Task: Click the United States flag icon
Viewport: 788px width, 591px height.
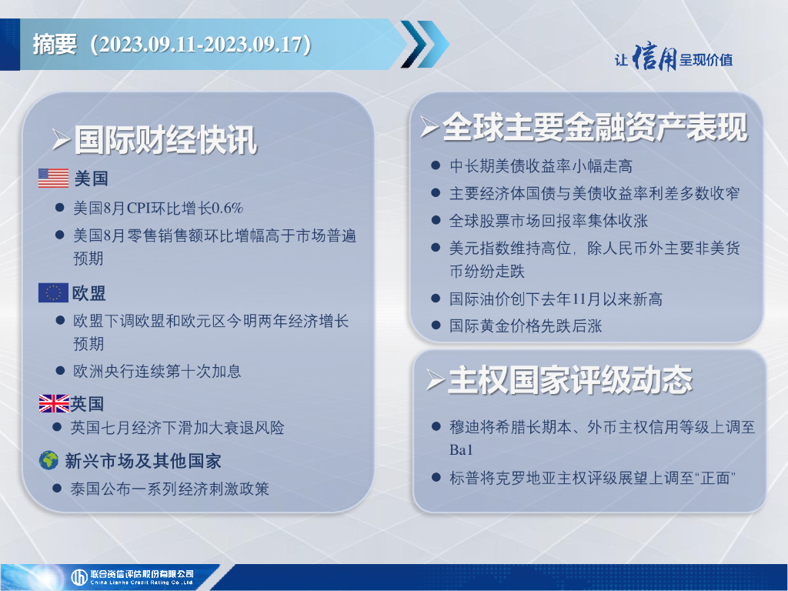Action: point(53,178)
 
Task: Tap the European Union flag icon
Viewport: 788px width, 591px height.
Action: point(53,292)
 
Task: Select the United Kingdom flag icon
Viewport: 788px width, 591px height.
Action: point(54,403)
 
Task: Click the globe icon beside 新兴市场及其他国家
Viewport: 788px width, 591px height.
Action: point(48,460)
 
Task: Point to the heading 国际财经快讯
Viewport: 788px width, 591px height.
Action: point(165,140)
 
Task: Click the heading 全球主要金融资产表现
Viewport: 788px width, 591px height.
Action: point(595,127)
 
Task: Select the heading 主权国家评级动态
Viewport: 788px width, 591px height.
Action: point(570,380)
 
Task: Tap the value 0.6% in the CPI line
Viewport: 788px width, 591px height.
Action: point(227,208)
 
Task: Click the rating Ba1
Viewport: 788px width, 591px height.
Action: point(461,449)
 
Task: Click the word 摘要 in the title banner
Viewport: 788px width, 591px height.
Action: point(55,44)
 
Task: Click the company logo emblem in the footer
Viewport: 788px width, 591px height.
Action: point(79,577)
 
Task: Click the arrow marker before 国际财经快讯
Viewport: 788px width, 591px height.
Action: point(61,140)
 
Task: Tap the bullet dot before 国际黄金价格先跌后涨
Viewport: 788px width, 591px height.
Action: point(436,326)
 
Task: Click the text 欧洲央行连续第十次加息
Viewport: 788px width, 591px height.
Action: point(157,371)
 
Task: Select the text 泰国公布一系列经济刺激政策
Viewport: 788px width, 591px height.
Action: point(170,489)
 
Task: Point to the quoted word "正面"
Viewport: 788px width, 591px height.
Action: point(716,477)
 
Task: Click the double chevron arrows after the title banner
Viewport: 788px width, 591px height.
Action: point(425,44)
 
